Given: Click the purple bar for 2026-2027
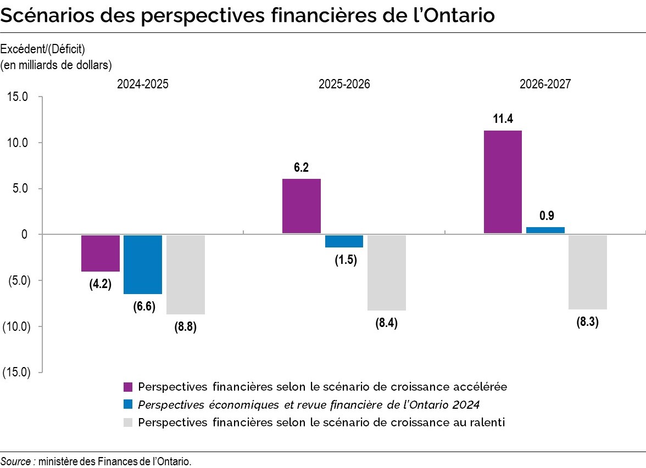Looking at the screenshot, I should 502,182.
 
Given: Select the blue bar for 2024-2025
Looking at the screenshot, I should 142,264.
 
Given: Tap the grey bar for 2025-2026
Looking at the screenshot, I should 386,272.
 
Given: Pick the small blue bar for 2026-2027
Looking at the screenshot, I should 545,230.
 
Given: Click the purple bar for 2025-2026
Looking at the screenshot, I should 301,206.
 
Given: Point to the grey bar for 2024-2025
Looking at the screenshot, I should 185,274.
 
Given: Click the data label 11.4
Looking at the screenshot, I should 503,119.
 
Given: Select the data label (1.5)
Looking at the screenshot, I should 346,260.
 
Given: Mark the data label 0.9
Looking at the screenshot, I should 546,216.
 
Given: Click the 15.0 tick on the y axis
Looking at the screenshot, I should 18,97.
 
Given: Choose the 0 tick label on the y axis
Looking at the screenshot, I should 24,234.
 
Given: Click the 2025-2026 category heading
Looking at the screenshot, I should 344,84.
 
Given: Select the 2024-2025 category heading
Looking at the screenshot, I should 142,84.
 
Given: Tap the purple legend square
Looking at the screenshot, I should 128,386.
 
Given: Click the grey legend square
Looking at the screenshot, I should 128,422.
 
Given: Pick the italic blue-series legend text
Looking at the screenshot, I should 309,404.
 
